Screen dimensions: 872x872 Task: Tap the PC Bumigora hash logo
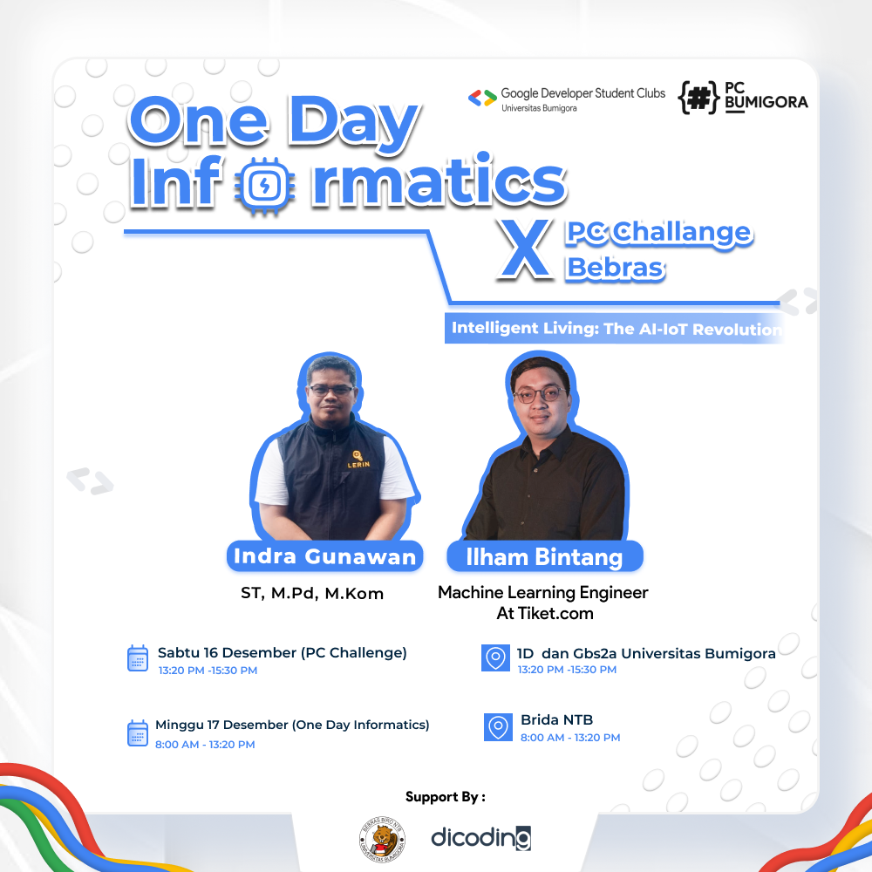click(698, 99)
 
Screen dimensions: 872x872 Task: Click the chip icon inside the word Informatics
click(260, 185)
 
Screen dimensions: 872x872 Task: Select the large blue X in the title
click(523, 250)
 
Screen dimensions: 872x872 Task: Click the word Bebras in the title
click(616, 268)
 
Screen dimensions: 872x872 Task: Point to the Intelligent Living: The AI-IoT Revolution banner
click(616, 330)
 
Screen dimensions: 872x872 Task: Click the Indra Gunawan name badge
click(324, 556)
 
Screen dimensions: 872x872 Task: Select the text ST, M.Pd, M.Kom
click(312, 594)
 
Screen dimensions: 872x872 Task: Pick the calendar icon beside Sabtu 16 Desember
click(138, 658)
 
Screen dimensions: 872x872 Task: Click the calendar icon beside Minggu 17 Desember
click(138, 732)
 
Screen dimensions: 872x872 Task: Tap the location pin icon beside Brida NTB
click(498, 726)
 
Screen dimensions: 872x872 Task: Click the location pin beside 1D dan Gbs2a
click(495, 658)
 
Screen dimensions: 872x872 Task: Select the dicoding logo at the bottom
click(480, 838)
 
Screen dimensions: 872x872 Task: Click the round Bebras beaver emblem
click(381, 839)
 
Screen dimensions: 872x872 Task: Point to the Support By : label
click(445, 796)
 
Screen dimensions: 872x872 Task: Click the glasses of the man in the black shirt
click(537, 394)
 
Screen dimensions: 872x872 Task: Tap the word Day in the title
click(352, 125)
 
